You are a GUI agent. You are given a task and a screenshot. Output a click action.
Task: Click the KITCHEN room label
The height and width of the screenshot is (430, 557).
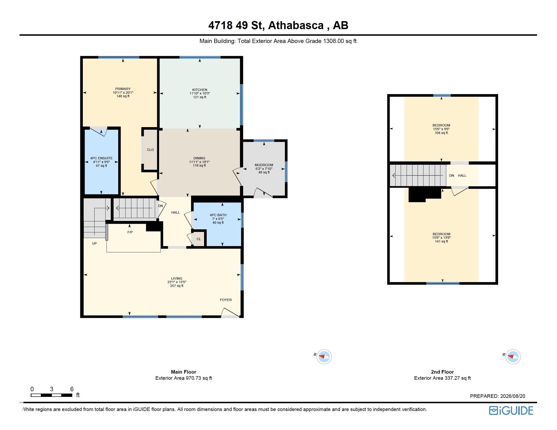click(x=200, y=90)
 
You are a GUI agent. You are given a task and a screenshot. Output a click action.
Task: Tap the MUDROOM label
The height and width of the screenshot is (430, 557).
click(x=264, y=165)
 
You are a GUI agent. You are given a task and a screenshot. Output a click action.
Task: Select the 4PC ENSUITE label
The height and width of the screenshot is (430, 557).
click(x=101, y=158)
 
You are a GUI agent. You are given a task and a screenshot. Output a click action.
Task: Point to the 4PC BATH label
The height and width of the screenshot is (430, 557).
click(x=218, y=215)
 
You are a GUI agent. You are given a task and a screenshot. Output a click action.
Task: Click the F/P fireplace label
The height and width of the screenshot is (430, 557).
click(x=130, y=232)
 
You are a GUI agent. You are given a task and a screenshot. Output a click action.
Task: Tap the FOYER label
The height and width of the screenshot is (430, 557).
click(x=226, y=300)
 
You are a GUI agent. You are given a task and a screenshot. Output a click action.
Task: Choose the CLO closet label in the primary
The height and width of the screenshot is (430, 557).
click(x=150, y=150)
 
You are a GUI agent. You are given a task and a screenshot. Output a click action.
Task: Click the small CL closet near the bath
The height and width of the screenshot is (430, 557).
click(x=199, y=239)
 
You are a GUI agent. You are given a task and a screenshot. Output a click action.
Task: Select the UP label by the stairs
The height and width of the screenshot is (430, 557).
click(x=94, y=243)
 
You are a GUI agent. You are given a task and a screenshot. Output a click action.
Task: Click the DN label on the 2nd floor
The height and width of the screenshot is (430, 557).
click(x=451, y=176)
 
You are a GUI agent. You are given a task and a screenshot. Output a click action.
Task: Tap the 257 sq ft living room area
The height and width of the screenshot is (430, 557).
click(x=177, y=286)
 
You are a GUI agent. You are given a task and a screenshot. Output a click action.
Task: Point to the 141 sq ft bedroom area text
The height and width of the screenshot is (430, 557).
click(x=442, y=241)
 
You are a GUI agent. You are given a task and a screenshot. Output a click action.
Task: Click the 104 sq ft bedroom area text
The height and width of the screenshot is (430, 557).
click(x=441, y=133)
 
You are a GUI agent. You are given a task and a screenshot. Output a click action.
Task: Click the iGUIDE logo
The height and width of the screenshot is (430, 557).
click(x=511, y=410)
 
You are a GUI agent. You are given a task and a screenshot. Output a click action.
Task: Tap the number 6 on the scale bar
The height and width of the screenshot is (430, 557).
click(x=72, y=389)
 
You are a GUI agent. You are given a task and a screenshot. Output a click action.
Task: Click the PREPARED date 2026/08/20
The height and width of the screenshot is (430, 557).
click(x=513, y=396)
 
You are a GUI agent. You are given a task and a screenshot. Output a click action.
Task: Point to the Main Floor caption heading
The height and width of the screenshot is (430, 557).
click(x=184, y=372)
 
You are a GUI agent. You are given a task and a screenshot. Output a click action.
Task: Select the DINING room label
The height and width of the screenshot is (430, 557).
click(x=199, y=158)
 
